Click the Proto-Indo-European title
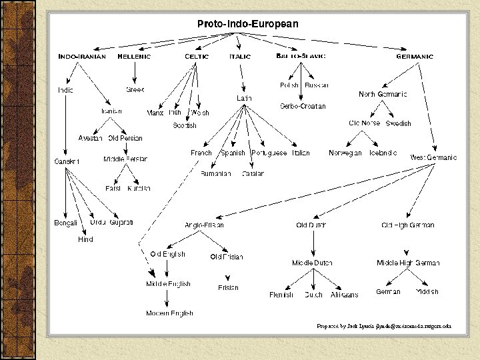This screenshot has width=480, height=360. click(x=247, y=23)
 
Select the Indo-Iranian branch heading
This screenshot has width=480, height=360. click(x=82, y=57)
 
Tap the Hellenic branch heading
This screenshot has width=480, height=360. click(x=134, y=57)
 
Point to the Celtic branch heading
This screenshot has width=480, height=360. click(x=197, y=57)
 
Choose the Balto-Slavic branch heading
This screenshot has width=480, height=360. click(x=301, y=57)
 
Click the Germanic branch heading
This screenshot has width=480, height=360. click(x=414, y=57)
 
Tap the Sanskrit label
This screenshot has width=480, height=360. click(x=67, y=161)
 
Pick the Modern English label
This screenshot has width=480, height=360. click(x=170, y=313)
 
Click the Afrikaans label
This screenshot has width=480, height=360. click(x=344, y=295)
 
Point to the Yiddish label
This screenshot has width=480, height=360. click(x=427, y=292)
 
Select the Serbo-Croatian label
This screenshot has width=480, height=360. click(x=303, y=107)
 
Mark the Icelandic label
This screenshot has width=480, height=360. click(x=383, y=153)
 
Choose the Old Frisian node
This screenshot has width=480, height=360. click(x=227, y=257)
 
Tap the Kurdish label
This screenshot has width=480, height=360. click(x=139, y=189)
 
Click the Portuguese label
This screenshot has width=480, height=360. click(x=269, y=153)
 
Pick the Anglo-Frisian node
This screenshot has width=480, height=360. click(x=204, y=225)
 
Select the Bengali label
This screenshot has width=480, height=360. click(x=66, y=222)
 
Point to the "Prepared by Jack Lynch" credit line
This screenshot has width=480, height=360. click(x=384, y=326)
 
